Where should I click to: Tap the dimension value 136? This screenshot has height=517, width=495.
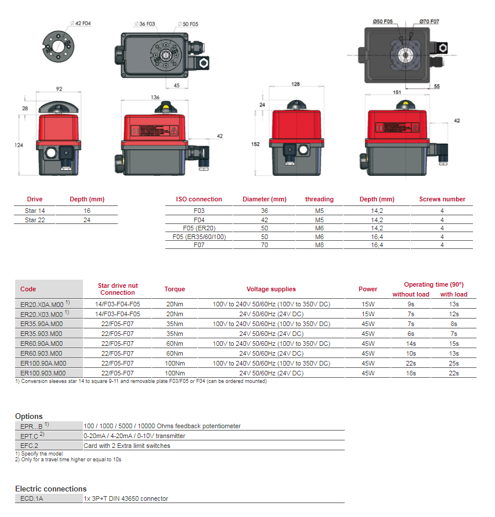click(155, 97)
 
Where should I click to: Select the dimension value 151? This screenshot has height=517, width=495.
click(397, 92)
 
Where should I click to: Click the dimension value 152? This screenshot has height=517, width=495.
click(256, 144)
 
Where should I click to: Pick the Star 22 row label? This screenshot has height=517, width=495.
click(35, 220)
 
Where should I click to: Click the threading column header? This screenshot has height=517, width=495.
click(319, 199)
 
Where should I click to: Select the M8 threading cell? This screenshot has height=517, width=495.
click(319, 245)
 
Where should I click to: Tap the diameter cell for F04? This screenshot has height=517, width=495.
click(265, 220)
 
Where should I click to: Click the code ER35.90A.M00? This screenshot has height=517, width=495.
click(41, 324)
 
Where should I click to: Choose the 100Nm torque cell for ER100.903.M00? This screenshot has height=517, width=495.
click(175, 373)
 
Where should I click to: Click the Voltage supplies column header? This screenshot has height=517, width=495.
click(271, 289)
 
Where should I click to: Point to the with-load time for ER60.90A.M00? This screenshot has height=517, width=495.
click(453, 344)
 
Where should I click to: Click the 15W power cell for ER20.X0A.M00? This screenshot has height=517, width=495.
click(368, 304)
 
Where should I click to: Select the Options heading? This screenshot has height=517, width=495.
click(29, 416)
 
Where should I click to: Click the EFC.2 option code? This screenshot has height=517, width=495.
click(29, 446)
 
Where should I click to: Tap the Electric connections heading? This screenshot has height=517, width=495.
click(50, 489)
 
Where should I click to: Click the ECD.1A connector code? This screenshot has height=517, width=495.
click(32, 498)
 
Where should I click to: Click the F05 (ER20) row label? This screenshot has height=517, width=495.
click(198, 228)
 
